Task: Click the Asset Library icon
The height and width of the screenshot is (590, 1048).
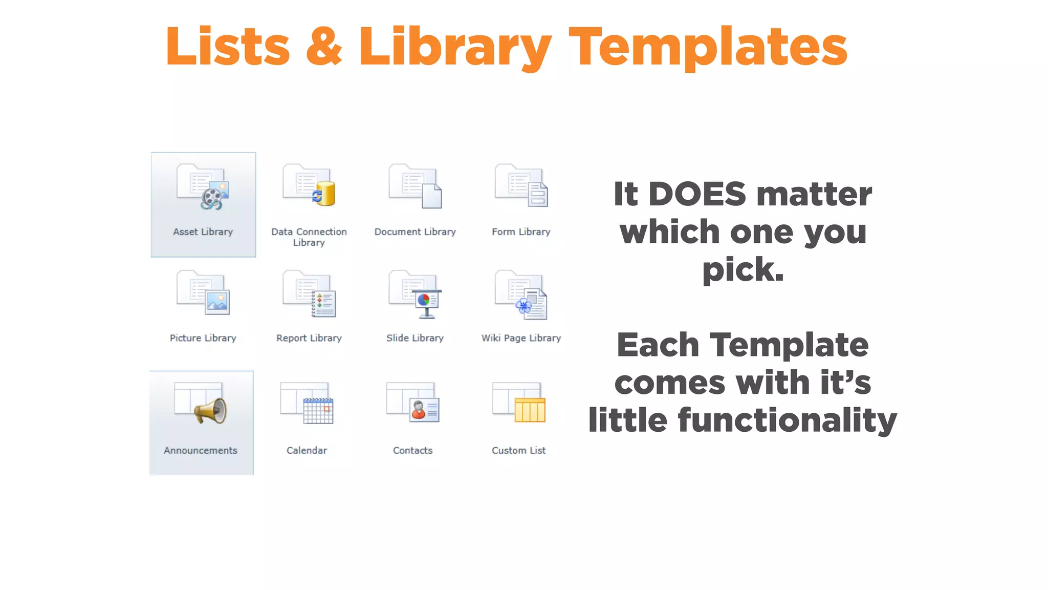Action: point(203,187)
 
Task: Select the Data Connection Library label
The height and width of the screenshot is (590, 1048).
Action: point(309,237)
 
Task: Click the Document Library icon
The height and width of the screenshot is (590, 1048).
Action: point(415,186)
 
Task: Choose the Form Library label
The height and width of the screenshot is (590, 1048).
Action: point(521,232)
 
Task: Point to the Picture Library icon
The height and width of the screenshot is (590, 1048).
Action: point(203,292)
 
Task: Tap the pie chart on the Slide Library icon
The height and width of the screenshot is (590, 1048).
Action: point(424,300)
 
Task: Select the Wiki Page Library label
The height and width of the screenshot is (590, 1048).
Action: point(521,338)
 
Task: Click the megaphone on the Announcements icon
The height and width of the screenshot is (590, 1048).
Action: point(210,411)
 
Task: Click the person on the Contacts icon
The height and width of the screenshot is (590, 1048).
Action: point(419,410)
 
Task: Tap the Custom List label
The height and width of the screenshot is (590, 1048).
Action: point(518,451)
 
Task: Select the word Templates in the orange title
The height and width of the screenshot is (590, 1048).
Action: point(708,48)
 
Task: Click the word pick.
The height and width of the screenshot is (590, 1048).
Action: point(743,270)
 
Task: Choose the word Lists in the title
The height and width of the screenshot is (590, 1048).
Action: point(228,47)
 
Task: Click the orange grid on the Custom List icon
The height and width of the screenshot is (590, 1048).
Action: point(530,410)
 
